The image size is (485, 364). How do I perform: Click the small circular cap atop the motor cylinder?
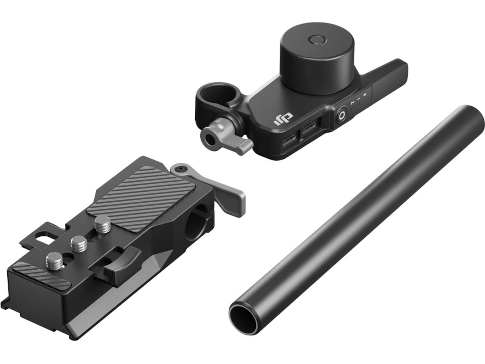(316, 40)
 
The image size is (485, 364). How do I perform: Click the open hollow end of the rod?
(244, 319)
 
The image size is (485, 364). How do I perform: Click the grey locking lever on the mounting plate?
(230, 196)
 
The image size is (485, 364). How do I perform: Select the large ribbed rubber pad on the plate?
(141, 199)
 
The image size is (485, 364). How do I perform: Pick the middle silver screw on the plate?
(79, 243)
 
